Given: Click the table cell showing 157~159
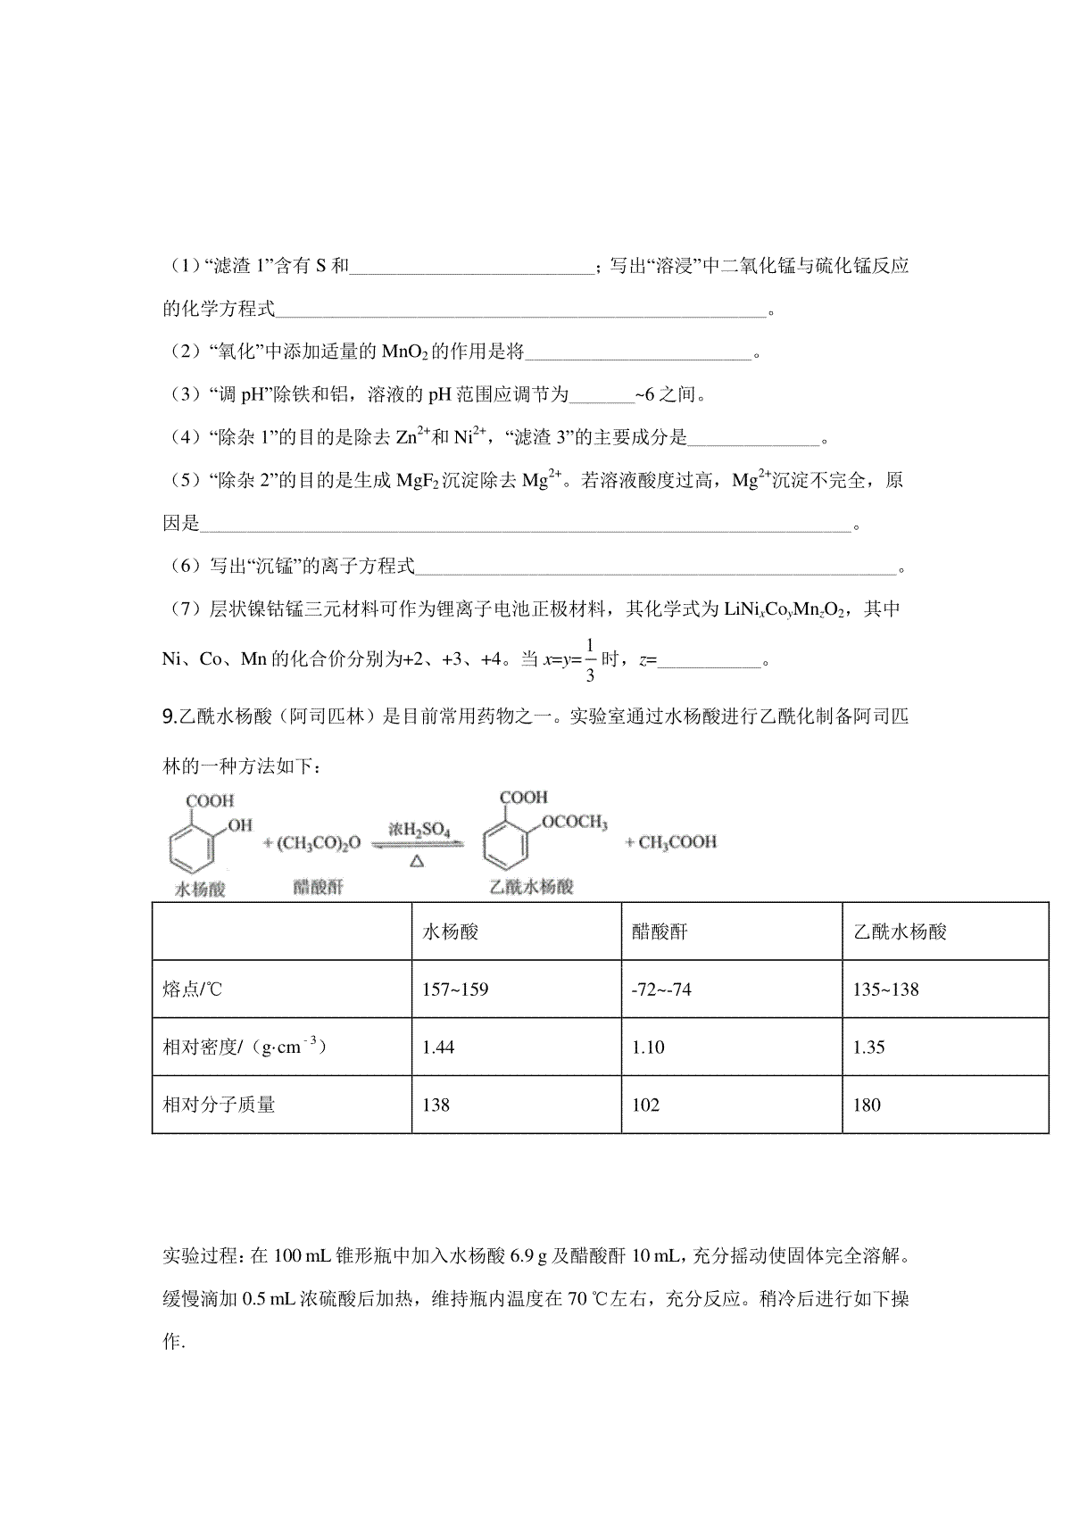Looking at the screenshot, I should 455,989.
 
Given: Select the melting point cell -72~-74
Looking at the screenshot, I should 660,989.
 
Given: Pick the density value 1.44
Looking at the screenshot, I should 438,1047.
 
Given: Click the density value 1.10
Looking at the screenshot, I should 648,1047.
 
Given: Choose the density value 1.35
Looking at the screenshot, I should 868,1047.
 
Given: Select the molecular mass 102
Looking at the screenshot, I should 645,1105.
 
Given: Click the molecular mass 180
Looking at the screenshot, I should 867,1105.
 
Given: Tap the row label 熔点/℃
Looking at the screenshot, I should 192,989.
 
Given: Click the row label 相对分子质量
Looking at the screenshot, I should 219,1105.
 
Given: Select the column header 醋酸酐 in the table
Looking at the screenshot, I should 660,932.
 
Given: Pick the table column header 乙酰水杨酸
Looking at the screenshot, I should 900,932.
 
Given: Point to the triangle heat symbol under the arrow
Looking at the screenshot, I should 418,861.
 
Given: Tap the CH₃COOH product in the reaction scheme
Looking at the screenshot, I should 671,842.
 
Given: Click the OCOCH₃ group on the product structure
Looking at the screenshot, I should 574,823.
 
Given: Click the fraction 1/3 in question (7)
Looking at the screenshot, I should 589,660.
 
